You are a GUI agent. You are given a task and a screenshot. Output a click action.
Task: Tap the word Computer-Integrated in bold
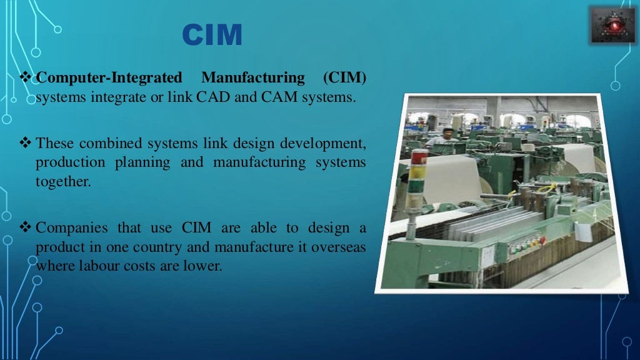[x=109, y=78]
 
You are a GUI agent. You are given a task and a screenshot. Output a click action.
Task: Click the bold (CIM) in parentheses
[x=344, y=78]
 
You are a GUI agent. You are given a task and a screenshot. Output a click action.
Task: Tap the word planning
[x=142, y=162]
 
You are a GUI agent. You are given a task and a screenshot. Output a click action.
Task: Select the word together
[x=62, y=182]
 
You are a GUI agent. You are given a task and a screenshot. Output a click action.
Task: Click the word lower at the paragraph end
[x=204, y=266]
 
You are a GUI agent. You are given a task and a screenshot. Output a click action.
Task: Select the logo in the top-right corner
[x=613, y=24]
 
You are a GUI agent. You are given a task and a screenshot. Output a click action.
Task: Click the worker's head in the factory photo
[x=447, y=132]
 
